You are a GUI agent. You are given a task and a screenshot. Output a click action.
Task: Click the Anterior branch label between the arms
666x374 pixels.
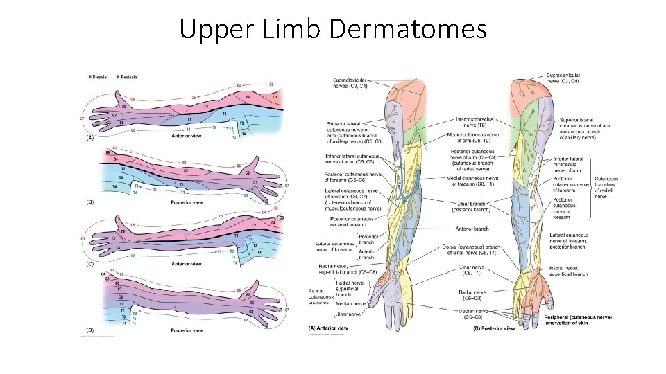(x=472, y=229)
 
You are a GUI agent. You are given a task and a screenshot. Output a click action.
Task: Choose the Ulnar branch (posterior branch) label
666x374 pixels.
(x=474, y=205)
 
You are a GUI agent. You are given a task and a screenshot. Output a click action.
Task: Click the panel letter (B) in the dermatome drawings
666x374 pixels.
(x=89, y=202)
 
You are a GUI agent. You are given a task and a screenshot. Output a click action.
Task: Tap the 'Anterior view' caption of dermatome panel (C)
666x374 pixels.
(x=187, y=263)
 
